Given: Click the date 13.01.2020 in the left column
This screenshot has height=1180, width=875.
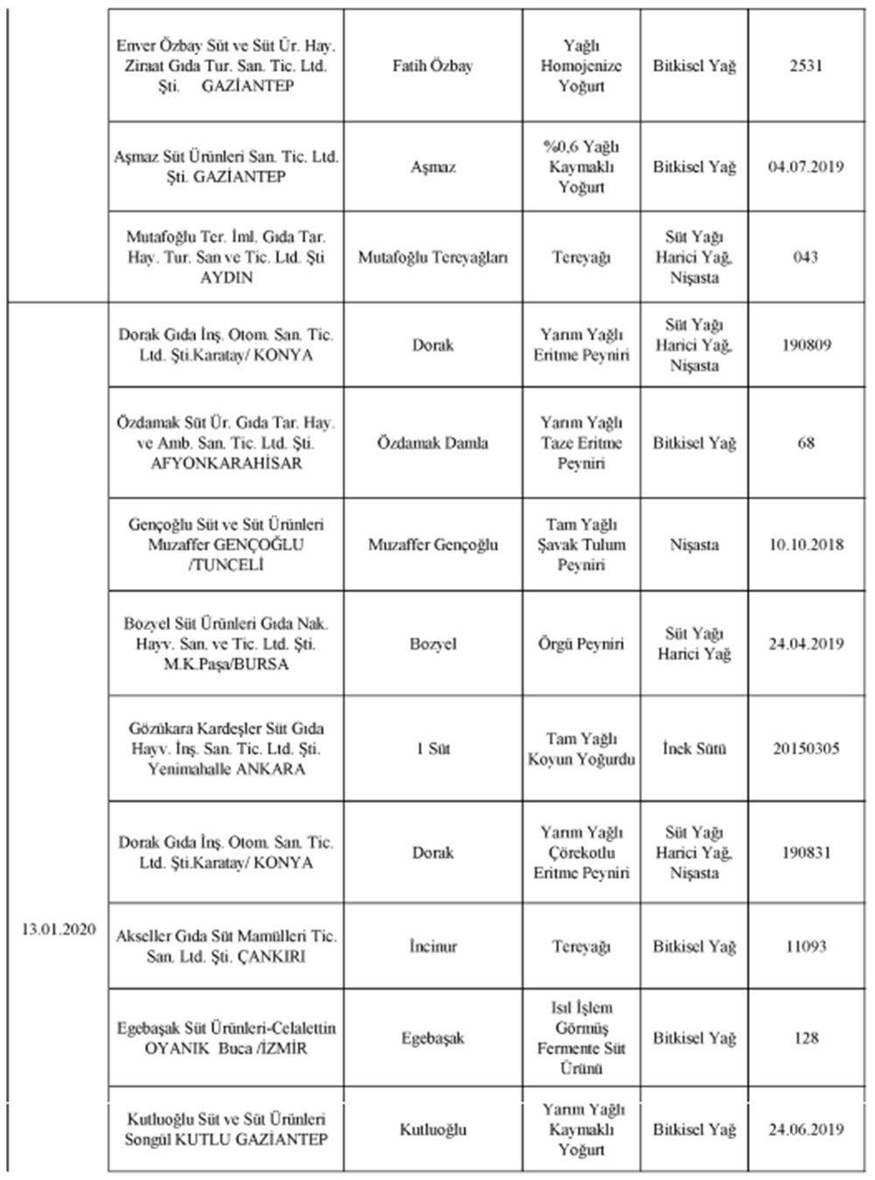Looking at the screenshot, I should pyautogui.click(x=59, y=929).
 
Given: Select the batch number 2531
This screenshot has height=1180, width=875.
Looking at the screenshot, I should pyautogui.click(x=805, y=67).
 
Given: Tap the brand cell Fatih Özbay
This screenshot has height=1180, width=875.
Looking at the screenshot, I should pyautogui.click(x=432, y=67).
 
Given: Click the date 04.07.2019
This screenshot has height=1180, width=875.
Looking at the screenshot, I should pyautogui.click(x=805, y=167).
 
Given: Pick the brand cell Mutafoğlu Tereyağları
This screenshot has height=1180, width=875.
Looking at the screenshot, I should pyautogui.click(x=432, y=257).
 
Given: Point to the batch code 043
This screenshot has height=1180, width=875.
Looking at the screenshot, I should pyautogui.click(x=805, y=257).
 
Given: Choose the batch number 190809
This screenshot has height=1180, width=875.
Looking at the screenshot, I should pyautogui.click(x=805, y=345).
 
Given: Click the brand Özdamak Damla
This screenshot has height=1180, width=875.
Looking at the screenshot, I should pyautogui.click(x=432, y=443).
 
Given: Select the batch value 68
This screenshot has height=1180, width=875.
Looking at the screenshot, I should pyautogui.click(x=805, y=443).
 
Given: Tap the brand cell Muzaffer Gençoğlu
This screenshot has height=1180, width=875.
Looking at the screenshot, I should pyautogui.click(x=432, y=544).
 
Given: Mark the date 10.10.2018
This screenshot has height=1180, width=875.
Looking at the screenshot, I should pyautogui.click(x=805, y=544).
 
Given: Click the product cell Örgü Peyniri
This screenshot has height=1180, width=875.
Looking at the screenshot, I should pyautogui.click(x=581, y=644).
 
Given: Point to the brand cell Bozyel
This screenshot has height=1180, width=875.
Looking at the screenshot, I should pyautogui.click(x=432, y=644).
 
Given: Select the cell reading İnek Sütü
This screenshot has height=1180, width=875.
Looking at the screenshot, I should pyautogui.click(x=694, y=749).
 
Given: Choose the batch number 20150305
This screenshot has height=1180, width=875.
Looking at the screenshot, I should pyautogui.click(x=805, y=749).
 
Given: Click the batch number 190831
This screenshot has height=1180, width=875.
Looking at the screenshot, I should pyautogui.click(x=805, y=853).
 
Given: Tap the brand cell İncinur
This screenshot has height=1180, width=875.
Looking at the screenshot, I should pyautogui.click(x=432, y=947).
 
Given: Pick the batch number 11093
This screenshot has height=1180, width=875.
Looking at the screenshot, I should pyautogui.click(x=805, y=947).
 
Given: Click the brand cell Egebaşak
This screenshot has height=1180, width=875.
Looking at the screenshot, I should pyautogui.click(x=432, y=1039).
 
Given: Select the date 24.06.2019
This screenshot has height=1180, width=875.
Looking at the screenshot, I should pyautogui.click(x=805, y=1129).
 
